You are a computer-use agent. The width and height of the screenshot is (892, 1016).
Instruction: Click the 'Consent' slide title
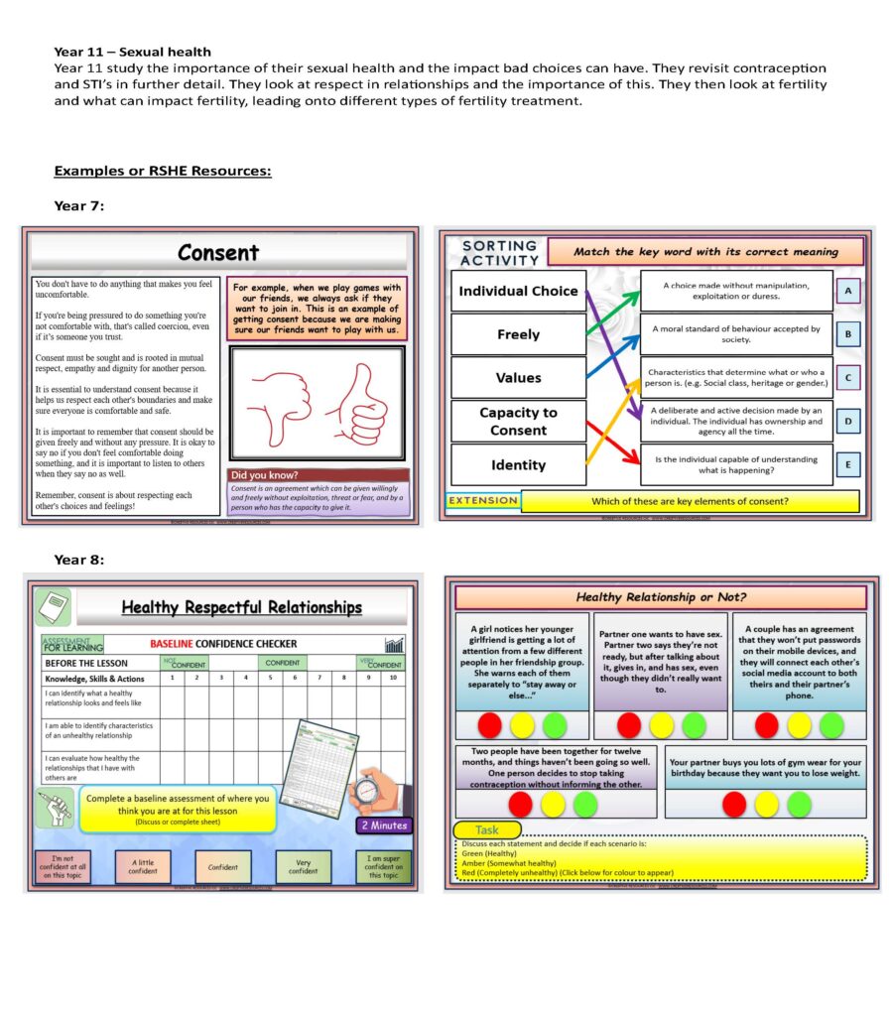point(217,253)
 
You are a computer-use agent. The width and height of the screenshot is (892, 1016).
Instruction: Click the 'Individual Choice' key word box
point(518,291)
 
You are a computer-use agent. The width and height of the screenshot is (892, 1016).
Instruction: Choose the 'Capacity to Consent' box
point(518,422)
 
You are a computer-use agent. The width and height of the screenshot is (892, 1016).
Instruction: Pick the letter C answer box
point(848,378)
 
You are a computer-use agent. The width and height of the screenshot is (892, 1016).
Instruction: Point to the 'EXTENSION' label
point(483,501)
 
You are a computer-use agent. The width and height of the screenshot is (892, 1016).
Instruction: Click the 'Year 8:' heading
point(78,560)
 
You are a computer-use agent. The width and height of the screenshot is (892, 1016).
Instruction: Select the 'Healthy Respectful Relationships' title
point(241,607)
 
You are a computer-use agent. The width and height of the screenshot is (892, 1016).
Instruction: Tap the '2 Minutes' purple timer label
point(382,825)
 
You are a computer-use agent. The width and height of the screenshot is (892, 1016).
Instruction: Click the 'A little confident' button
point(143,866)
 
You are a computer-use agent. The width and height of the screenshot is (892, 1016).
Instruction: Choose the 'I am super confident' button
point(383,866)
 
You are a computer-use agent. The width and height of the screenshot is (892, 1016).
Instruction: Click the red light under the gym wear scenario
point(734,804)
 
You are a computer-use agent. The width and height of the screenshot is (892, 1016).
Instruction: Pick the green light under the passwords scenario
point(831,725)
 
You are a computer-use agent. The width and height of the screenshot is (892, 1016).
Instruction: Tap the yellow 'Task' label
point(486,829)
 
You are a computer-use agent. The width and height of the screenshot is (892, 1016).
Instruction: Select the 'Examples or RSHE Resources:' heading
point(163,171)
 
